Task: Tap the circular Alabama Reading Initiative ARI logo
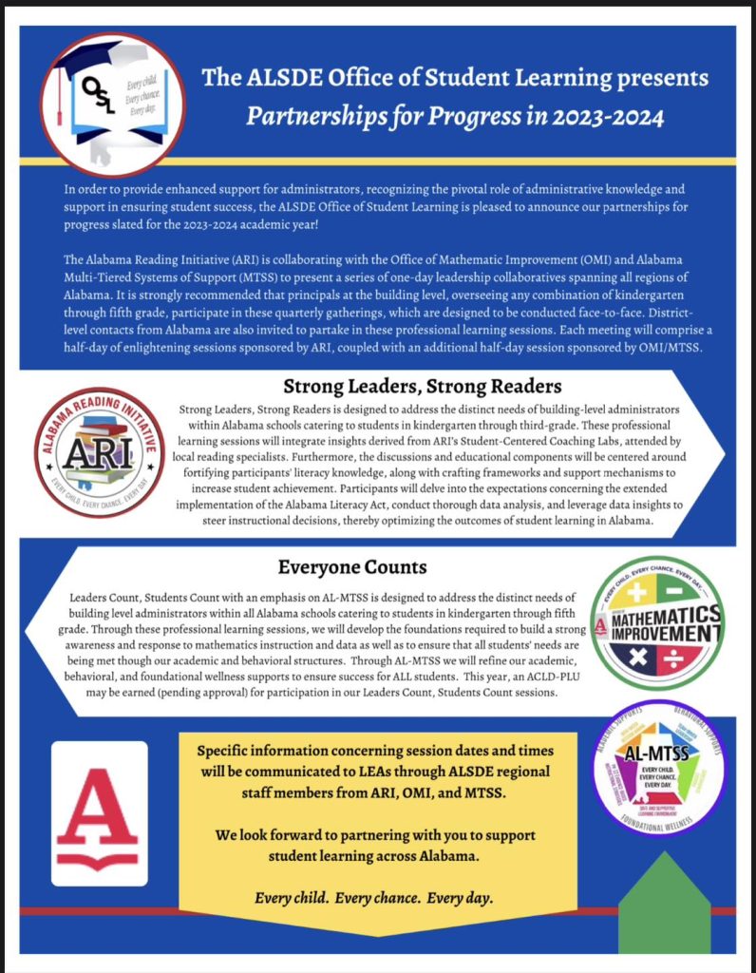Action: pos(100,451)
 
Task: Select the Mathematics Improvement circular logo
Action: pos(656,620)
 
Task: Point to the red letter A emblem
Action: pos(99,812)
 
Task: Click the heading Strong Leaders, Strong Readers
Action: pos(423,388)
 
